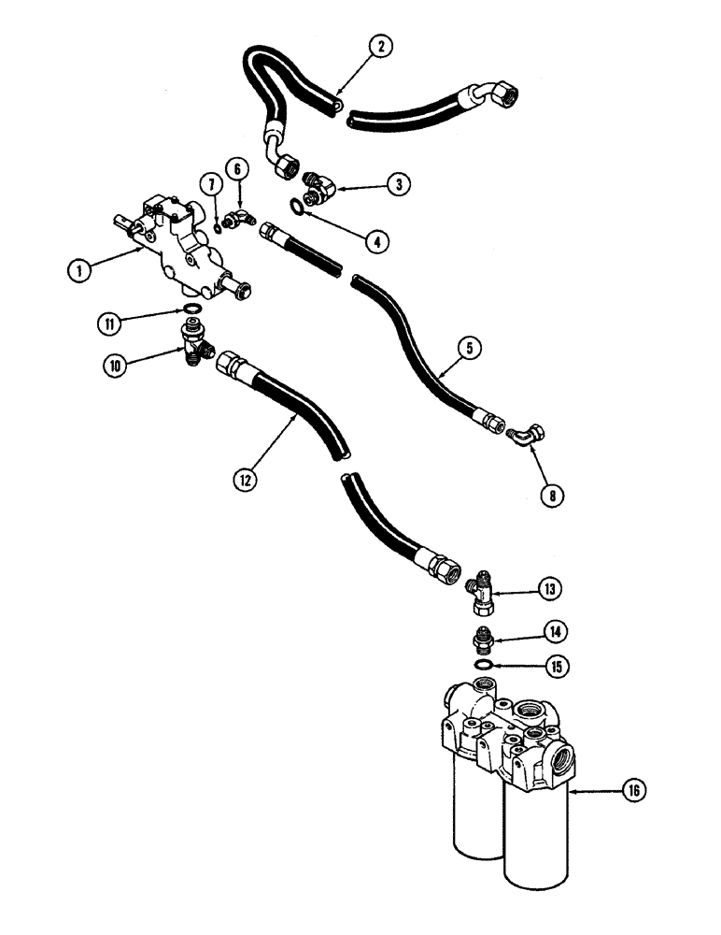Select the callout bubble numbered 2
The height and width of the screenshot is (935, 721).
(x=381, y=44)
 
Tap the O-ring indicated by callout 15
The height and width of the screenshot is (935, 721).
(x=483, y=664)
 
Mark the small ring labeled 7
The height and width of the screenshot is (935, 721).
(x=217, y=223)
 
